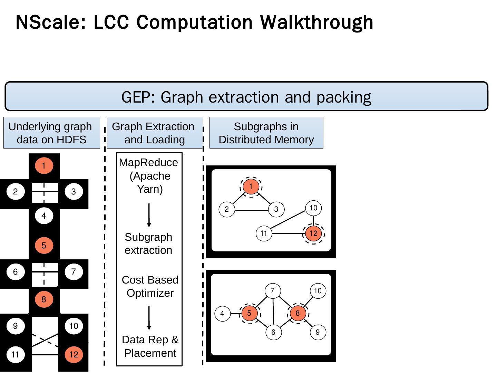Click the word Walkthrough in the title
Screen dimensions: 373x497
tap(316, 23)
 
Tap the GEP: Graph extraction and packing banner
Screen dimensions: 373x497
tap(246, 97)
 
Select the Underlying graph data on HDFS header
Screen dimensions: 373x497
tap(51, 133)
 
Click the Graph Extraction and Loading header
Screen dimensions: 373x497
tap(154, 133)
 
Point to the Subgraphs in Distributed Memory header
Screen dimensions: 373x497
tap(266, 133)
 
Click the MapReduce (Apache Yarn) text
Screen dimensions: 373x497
tap(149, 176)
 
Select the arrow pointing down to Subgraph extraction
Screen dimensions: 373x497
tap(149, 215)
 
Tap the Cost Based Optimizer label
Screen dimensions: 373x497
tap(150, 286)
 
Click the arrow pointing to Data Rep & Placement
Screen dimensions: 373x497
tap(149, 318)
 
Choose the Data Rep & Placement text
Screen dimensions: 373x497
tap(150, 346)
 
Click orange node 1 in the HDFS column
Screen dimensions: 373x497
tap(44, 166)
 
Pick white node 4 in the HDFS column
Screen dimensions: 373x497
tap(44, 216)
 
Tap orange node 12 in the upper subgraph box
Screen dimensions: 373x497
tap(313, 233)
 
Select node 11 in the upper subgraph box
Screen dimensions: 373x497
tap(264, 233)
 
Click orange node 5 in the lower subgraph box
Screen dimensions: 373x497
tap(249, 313)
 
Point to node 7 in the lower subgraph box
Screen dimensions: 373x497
tap(273, 291)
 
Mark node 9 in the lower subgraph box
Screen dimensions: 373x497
tap(318, 332)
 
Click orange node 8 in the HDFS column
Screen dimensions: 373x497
tap(44, 299)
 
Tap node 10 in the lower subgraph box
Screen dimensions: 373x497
tap(318, 291)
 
